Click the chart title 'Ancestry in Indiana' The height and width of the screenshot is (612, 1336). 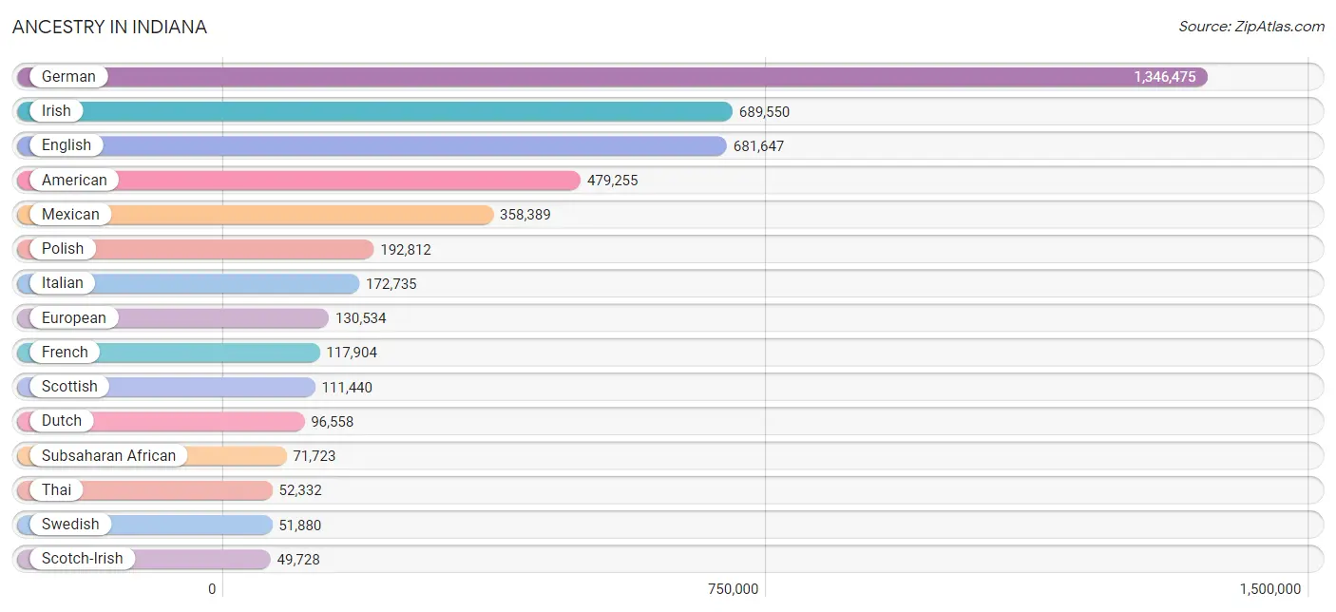click(x=109, y=27)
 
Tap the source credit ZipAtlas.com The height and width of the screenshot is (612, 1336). click(x=1251, y=27)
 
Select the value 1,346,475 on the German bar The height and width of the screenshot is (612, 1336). click(x=1164, y=77)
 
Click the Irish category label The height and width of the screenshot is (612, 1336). click(x=56, y=111)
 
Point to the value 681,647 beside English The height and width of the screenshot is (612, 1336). click(x=758, y=146)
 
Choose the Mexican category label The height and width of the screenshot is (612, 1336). click(x=70, y=214)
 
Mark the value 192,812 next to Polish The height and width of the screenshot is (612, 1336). click(x=406, y=249)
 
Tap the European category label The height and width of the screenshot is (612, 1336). click(x=73, y=318)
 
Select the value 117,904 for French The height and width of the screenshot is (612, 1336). click(x=352, y=353)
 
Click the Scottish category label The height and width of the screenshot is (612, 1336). click(x=69, y=387)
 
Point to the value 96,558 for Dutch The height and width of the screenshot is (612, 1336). click(x=333, y=422)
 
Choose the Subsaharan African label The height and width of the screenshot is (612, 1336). click(x=108, y=456)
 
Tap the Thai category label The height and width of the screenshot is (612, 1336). click(x=56, y=489)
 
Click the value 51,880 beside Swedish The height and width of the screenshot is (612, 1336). click(x=300, y=525)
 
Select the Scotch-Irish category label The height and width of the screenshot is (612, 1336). click(x=82, y=559)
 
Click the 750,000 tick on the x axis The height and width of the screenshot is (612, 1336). click(x=733, y=589)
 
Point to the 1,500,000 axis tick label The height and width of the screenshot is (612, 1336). click(x=1270, y=589)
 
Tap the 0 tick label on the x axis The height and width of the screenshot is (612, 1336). click(x=212, y=589)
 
